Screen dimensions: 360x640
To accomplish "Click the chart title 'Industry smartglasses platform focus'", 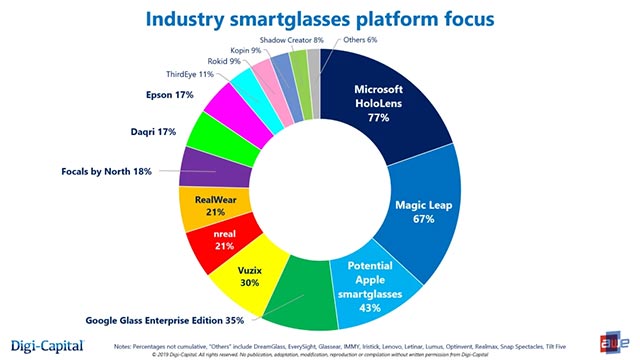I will coord(319,19).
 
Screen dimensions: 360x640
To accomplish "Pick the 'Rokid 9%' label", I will coord(227,61).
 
